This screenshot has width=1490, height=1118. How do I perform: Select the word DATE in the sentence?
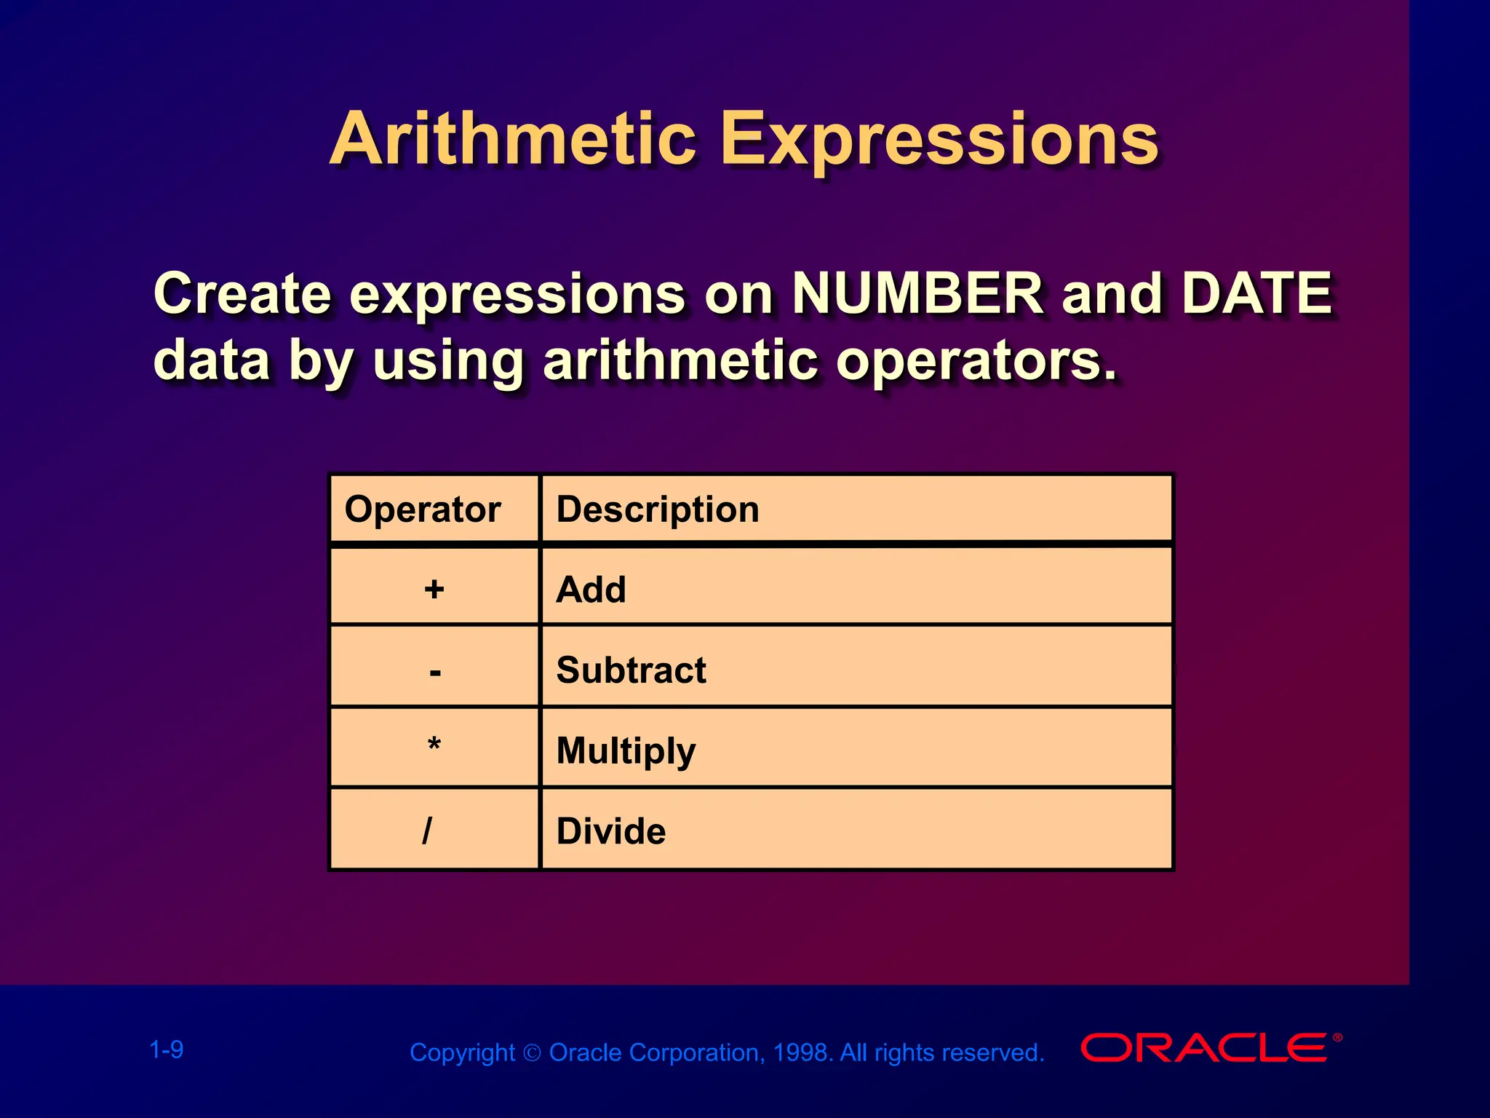click(x=1256, y=293)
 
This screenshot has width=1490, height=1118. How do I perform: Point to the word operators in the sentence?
click(x=975, y=360)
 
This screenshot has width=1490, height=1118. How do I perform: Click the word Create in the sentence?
click(x=242, y=293)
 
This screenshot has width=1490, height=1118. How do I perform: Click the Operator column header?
click(x=423, y=509)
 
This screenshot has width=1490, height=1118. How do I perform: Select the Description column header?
click(x=658, y=509)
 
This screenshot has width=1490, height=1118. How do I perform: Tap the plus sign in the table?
click(x=434, y=589)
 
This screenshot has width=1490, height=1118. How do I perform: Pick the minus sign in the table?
click(x=435, y=671)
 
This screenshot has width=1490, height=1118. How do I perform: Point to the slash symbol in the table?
click(x=427, y=830)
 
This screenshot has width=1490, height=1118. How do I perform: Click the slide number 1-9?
click(x=167, y=1050)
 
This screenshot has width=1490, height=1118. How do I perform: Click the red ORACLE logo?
click(x=1208, y=1048)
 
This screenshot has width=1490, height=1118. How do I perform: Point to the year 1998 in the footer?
click(x=802, y=1052)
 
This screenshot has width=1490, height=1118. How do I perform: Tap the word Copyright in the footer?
click(x=462, y=1052)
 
